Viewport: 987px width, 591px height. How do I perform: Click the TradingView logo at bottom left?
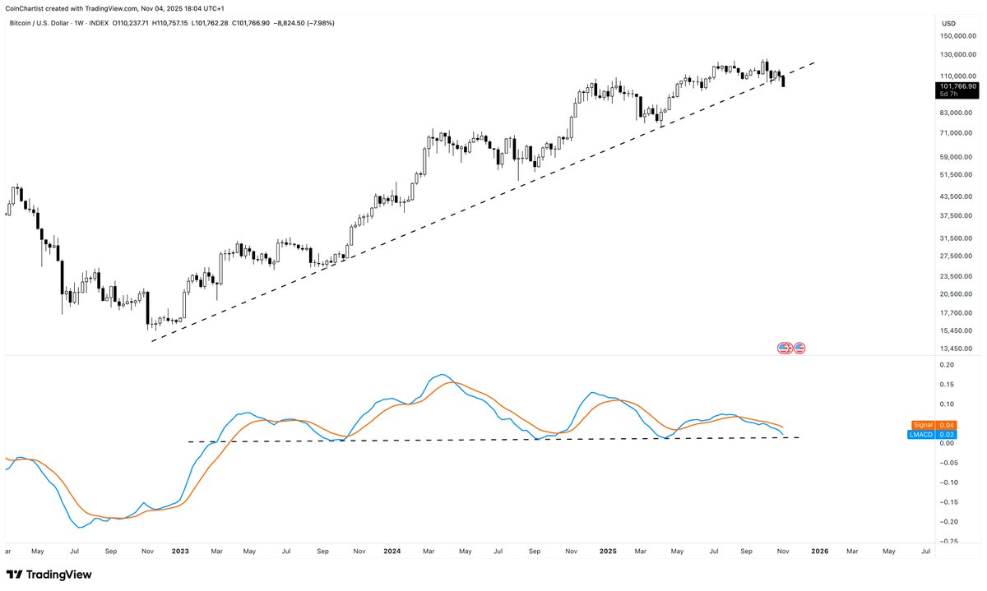[49, 575]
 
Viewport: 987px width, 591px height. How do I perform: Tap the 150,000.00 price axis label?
[958, 36]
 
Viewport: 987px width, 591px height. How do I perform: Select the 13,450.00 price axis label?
[959, 349]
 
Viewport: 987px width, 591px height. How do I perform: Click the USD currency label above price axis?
[948, 23]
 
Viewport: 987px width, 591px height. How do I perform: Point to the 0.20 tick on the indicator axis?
[948, 365]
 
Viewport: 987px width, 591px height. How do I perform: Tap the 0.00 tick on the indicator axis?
[948, 443]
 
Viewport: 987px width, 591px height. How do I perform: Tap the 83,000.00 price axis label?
[958, 112]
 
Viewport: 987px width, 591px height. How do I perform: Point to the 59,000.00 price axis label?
[958, 156]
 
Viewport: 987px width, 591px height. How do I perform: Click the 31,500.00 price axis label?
[958, 238]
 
